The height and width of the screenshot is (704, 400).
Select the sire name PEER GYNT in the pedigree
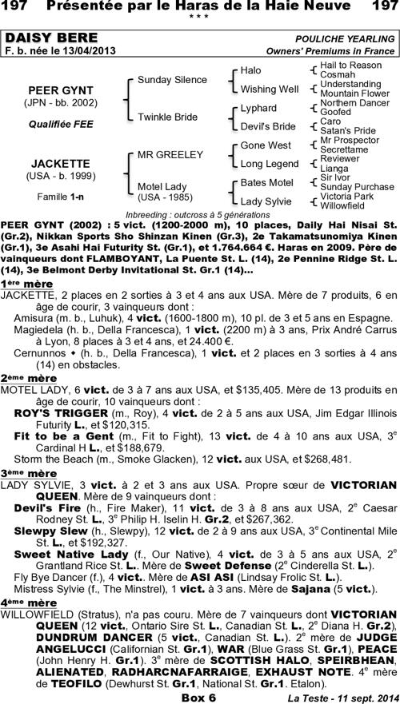coord(49,91)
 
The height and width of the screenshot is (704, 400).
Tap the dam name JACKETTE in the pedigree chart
coord(49,163)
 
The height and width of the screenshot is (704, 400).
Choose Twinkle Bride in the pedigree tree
coord(167,116)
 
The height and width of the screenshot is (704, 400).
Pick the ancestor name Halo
coord(251,70)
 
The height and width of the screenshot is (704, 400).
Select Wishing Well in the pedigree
coord(269,89)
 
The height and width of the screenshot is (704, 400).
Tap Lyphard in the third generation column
coord(258,108)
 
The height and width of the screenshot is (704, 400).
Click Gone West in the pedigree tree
coord(265,145)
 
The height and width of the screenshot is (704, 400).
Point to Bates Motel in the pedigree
coord(267,183)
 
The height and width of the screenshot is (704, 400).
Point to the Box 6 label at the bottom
coord(198,697)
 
